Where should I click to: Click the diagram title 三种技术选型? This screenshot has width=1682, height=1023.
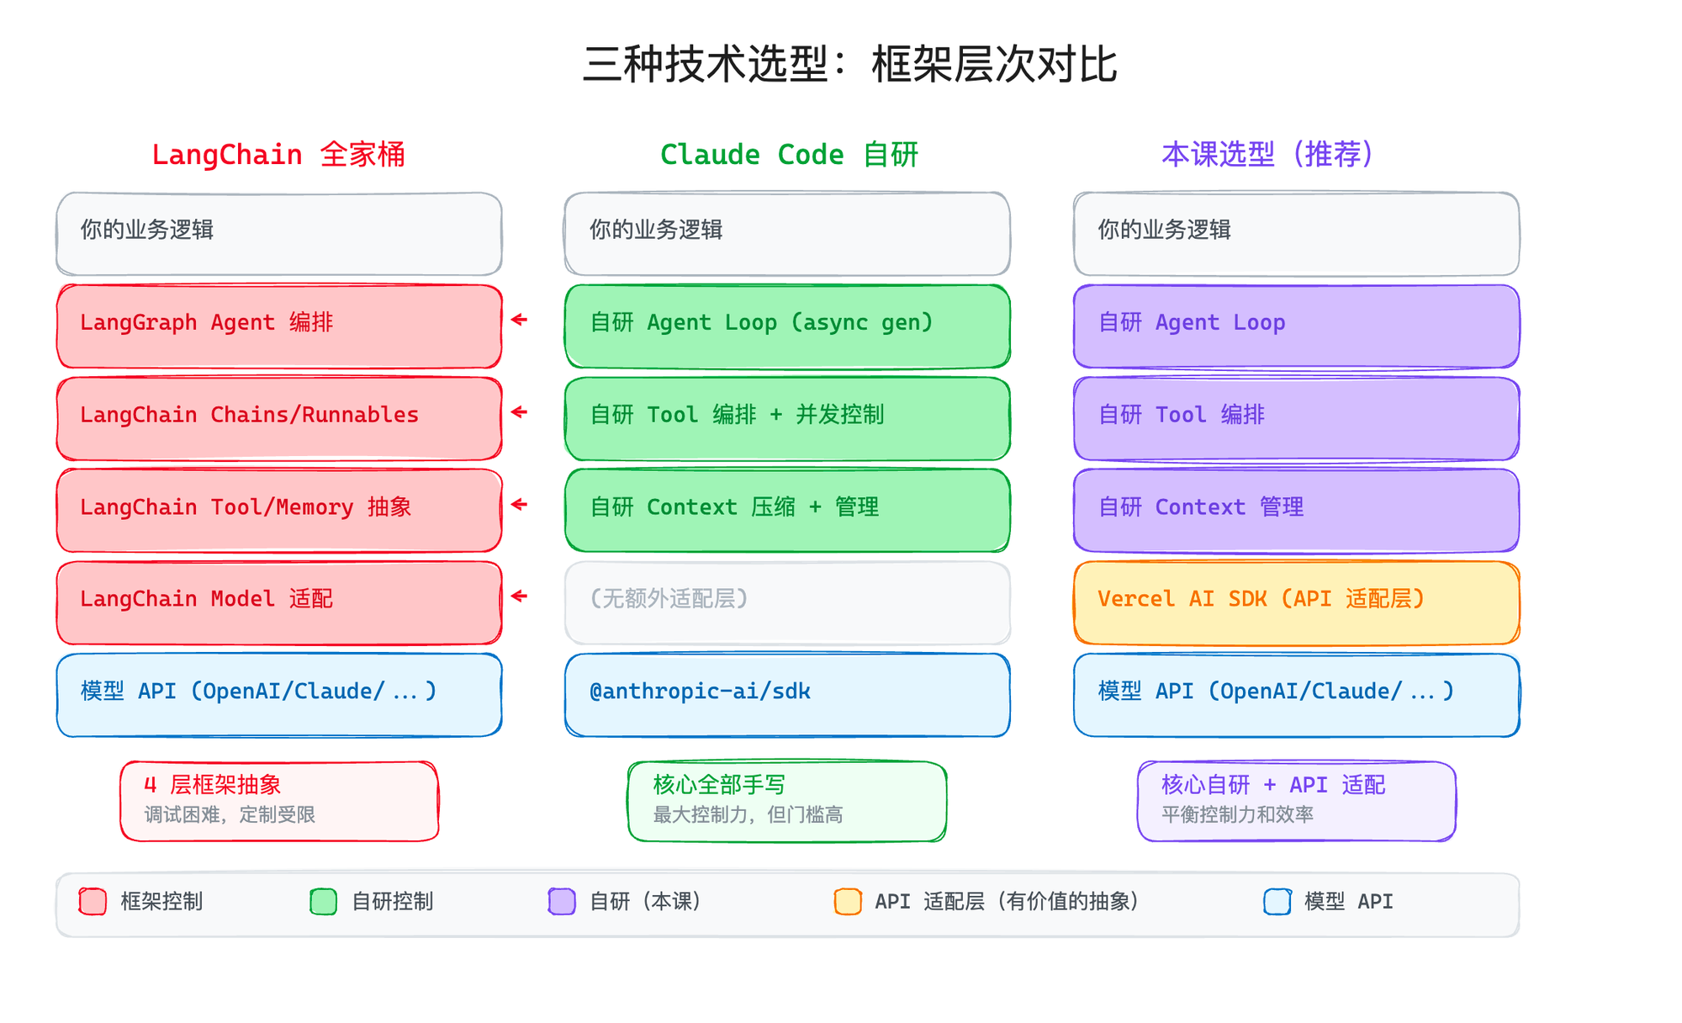coord(849,65)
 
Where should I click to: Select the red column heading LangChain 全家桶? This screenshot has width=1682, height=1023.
coord(278,155)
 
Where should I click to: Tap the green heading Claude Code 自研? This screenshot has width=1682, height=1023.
coord(788,155)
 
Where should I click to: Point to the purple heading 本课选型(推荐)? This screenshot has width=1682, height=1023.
coord(1267,155)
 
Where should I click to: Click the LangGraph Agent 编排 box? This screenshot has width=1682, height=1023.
coord(278,326)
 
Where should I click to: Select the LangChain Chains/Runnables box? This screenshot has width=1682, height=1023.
coord(278,418)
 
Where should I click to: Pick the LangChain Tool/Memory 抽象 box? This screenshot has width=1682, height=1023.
coord(278,511)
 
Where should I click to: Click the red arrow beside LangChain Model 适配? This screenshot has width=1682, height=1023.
coord(520,596)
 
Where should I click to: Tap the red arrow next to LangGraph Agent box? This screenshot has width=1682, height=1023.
coord(520,320)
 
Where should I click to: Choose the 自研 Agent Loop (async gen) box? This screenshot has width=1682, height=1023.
coord(787,326)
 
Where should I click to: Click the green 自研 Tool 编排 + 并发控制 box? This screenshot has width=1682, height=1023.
coord(787,418)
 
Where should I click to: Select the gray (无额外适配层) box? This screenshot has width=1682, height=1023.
coord(787,602)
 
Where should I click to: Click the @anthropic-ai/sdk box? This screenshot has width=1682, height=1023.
coord(787,695)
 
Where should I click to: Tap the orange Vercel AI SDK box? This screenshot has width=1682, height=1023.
coord(1296,602)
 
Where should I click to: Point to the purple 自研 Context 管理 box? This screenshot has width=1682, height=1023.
coord(1296,511)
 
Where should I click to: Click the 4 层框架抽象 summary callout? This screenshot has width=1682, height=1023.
coord(279,801)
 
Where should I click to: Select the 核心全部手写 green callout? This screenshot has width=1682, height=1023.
coord(787,801)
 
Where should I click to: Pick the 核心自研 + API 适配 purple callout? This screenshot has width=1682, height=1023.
coord(1296,801)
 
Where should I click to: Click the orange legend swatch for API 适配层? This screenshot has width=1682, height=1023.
coord(848,901)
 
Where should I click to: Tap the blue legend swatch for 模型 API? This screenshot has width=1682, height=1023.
coord(1277,901)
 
